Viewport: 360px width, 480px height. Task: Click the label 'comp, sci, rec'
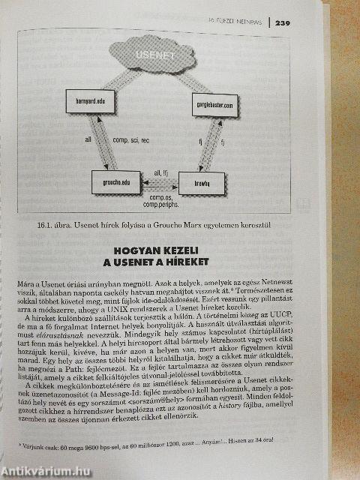(131, 139)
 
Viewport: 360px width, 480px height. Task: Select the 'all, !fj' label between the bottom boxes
(160, 172)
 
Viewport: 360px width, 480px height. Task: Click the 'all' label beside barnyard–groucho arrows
(88, 139)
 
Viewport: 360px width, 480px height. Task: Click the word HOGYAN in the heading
(137, 250)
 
